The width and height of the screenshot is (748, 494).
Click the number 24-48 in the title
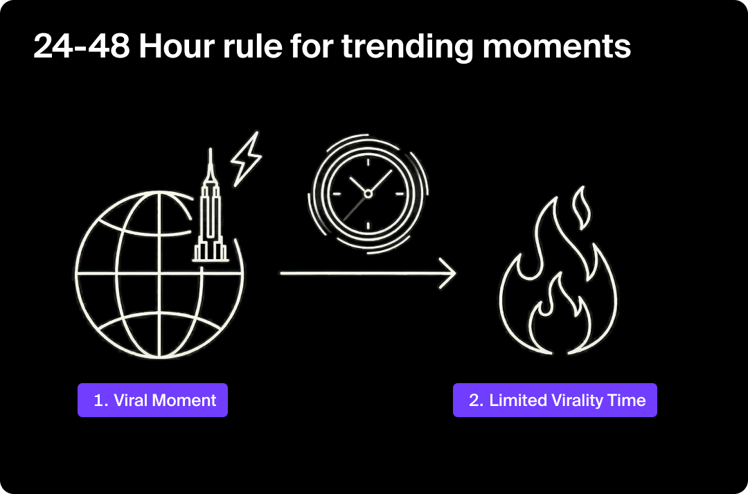[81, 47]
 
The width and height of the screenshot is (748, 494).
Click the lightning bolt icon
[246, 157]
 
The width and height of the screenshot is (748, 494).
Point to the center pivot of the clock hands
[368, 194]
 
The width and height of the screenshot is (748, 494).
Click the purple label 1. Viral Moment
[152, 400]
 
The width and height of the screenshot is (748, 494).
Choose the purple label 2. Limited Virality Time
[555, 400]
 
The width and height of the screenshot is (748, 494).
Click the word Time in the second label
[630, 400]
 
